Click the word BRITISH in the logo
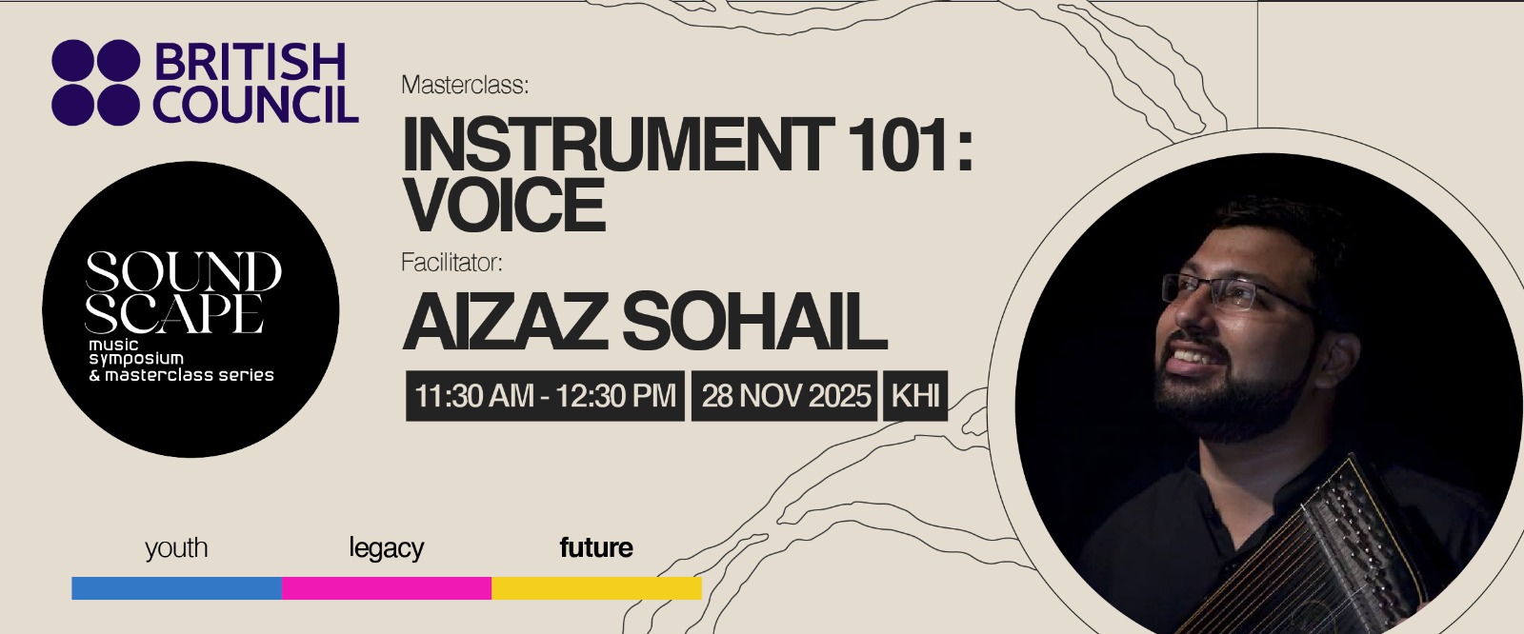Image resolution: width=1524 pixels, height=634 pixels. pos(249,63)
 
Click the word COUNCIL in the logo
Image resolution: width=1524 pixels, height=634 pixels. pos(255,105)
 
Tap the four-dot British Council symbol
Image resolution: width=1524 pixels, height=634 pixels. pos(95,83)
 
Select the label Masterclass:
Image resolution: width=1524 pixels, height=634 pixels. pos(465,85)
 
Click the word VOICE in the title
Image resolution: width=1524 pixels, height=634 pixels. pos(504,204)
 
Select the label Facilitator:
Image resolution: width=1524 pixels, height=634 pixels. pos(451,262)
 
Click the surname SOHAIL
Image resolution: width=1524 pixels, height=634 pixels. pos(754,322)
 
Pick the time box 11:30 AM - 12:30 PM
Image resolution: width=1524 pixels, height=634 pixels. pos(545,395)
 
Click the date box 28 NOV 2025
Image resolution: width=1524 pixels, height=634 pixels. pos(786,395)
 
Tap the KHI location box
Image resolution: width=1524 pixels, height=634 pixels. pos(916,395)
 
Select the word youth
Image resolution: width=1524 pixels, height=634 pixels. pos(176,548)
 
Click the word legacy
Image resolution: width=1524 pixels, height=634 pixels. pos(386,548)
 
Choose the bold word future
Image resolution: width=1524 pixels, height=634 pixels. pos(596,547)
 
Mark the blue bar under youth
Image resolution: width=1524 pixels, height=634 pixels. pos(176,588)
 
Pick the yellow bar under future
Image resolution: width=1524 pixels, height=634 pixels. pos(596,588)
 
